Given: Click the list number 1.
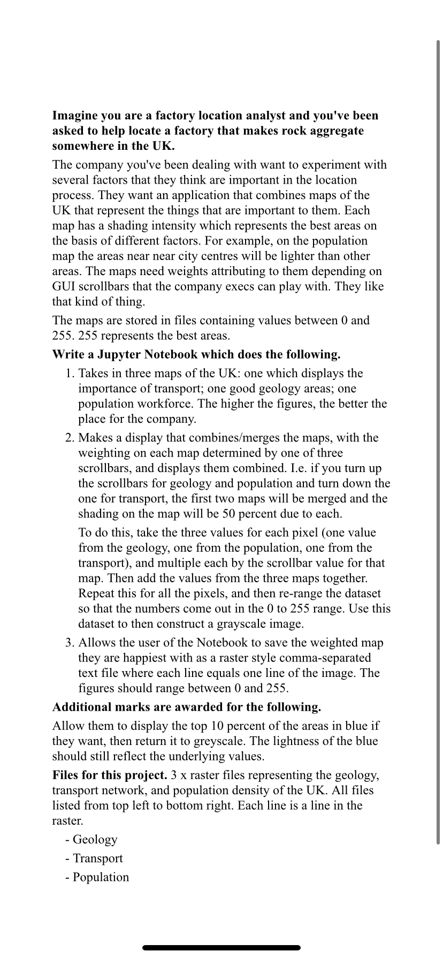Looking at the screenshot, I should (68, 374).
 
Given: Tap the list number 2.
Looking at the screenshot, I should (68, 438).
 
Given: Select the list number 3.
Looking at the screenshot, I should (68, 643).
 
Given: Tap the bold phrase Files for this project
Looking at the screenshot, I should (110, 775).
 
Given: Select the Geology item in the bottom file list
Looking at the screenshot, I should (95, 840).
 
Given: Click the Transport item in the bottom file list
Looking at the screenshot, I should (97, 858).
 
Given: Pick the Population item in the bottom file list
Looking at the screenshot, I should (101, 877).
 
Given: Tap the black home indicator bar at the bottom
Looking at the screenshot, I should (222, 948).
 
